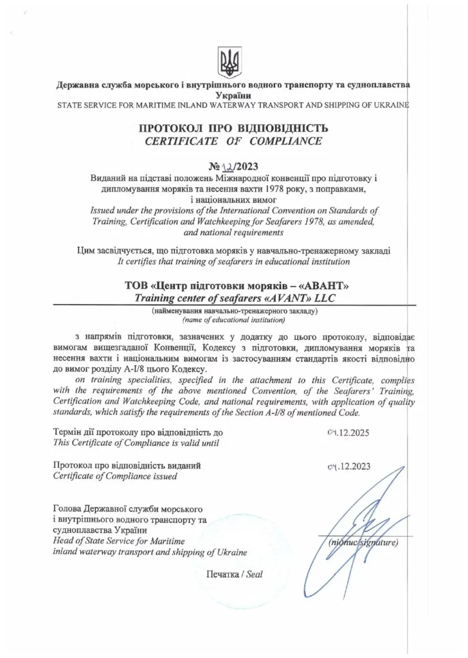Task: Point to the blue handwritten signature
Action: point(363,508)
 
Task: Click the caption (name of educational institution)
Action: point(233,319)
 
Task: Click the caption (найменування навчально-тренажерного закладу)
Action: point(233,311)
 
